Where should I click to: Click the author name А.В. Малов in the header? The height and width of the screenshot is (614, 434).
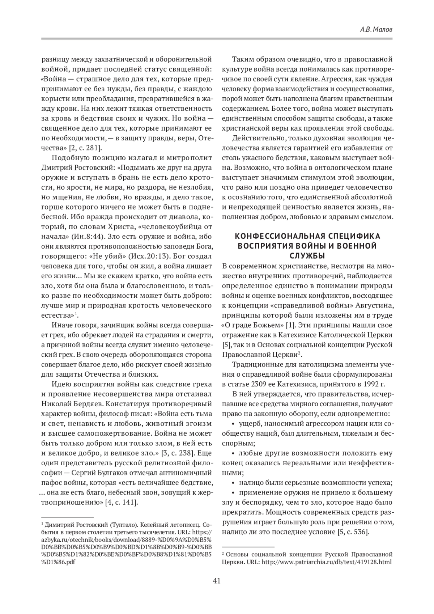(x=376, y=30)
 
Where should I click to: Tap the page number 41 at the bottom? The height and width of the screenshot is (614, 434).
(x=217, y=581)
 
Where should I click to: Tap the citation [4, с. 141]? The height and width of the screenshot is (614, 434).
(x=121, y=502)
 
